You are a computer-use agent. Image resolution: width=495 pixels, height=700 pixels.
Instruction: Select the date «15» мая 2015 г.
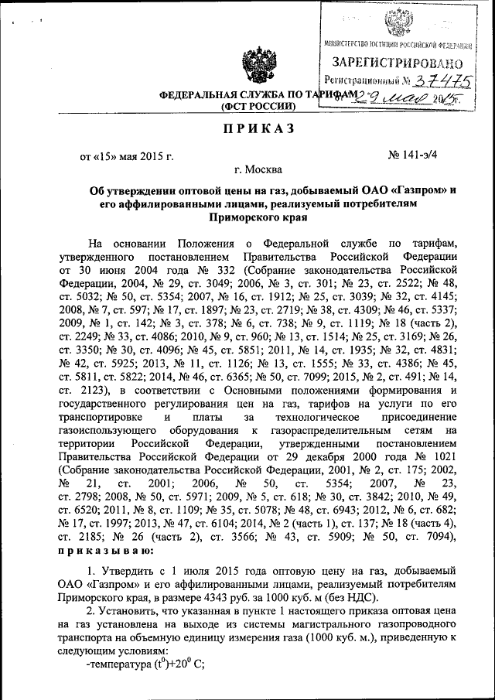(x=127, y=158)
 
